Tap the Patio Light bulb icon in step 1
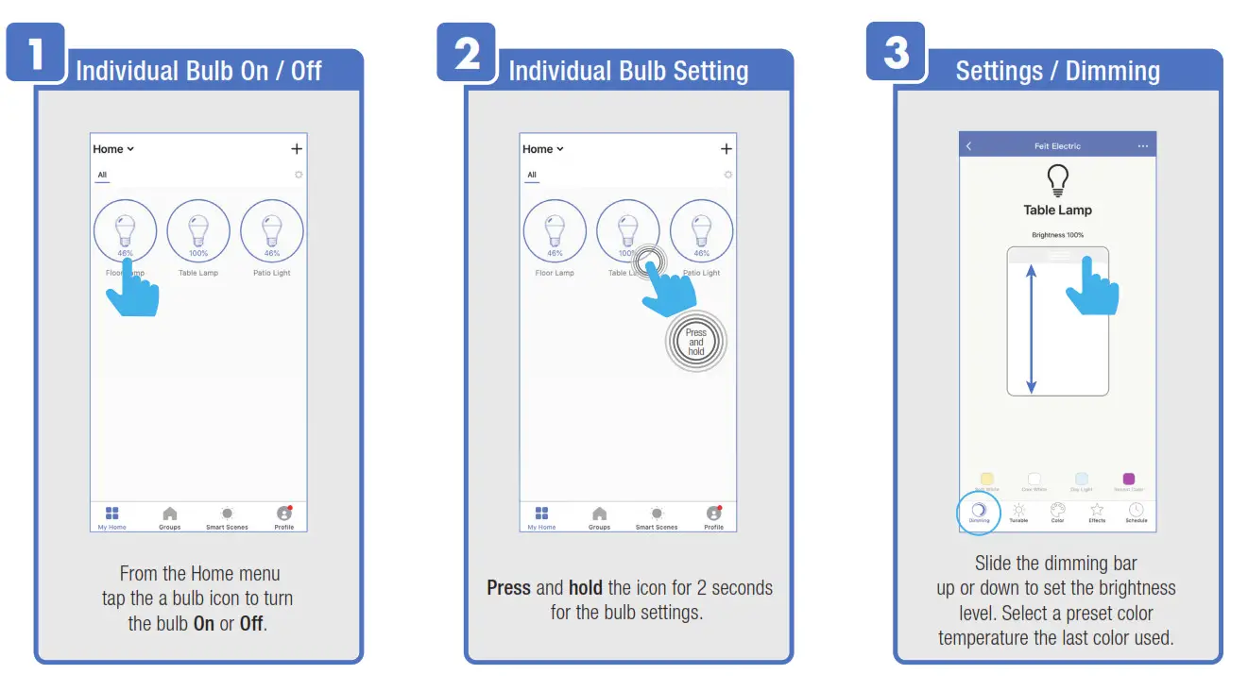272,231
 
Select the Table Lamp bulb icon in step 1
198,231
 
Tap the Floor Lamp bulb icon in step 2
555,231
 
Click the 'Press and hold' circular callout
696,342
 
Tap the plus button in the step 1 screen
297,149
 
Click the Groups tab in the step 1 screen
170,517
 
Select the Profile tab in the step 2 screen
714,517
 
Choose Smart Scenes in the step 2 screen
657,517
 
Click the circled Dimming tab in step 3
979,512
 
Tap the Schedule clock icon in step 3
1137,512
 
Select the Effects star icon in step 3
1097,512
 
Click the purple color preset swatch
1128,480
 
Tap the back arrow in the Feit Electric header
969,146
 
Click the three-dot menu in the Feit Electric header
1143,146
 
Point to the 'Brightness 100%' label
1057,235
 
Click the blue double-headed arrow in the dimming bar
1032,328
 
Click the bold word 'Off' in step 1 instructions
251,624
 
